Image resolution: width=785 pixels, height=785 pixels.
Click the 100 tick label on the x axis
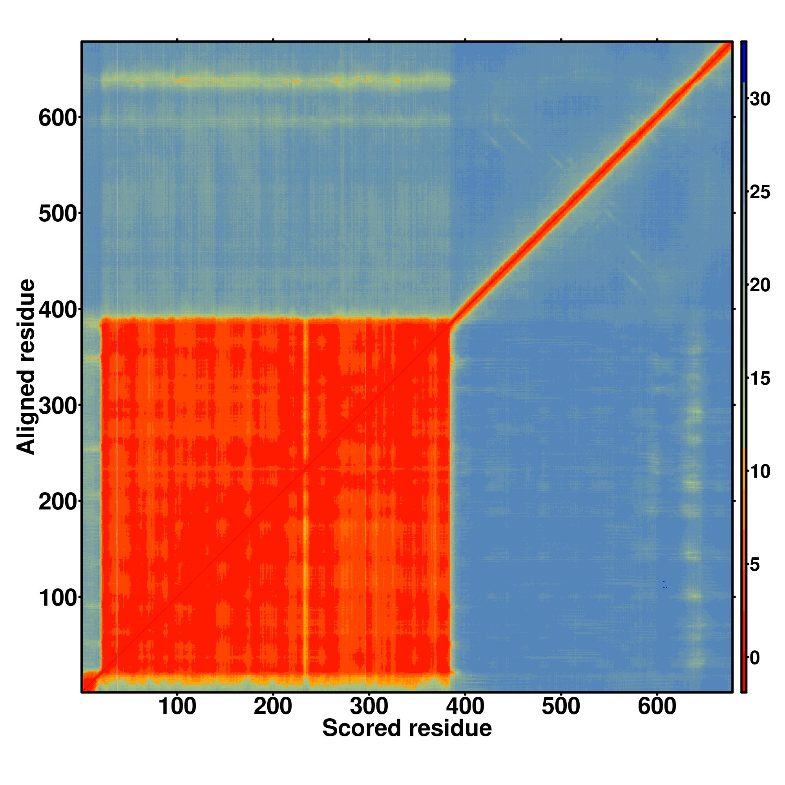tap(177, 706)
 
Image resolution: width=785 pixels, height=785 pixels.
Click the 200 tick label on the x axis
tap(273, 706)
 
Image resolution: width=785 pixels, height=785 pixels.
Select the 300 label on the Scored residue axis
tap(369, 706)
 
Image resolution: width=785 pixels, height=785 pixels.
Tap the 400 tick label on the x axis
tap(465, 706)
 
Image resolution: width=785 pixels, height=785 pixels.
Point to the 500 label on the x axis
tap(561, 706)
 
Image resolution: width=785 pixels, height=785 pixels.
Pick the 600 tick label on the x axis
tap(657, 706)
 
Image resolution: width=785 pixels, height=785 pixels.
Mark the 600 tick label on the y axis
tap(58, 119)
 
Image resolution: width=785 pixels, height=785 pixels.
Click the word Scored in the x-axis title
tap(361, 728)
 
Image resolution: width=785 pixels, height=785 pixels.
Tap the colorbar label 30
tap(759, 99)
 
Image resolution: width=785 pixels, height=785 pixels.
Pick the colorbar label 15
tap(759, 378)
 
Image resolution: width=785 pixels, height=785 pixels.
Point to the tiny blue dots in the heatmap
tap(665, 585)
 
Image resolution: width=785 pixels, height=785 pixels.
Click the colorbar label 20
tap(759, 285)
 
